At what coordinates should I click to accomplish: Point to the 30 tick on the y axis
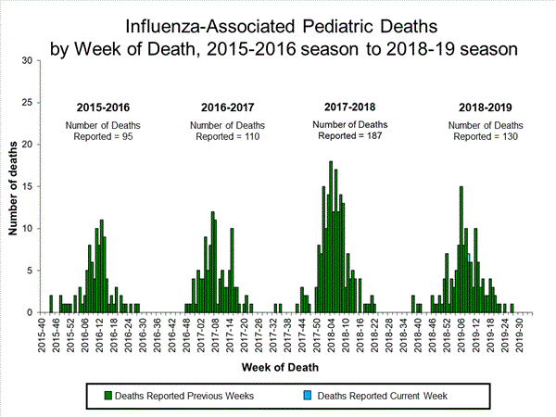tap(29, 61)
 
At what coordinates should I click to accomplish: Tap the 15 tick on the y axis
tap(29, 187)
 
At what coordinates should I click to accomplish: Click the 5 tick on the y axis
tap(31, 271)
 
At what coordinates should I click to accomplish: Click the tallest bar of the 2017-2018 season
tap(331, 237)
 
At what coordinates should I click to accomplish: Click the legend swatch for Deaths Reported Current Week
tap(310, 396)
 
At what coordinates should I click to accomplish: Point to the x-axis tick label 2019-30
tap(529, 335)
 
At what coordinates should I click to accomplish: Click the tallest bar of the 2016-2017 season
tap(212, 262)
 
